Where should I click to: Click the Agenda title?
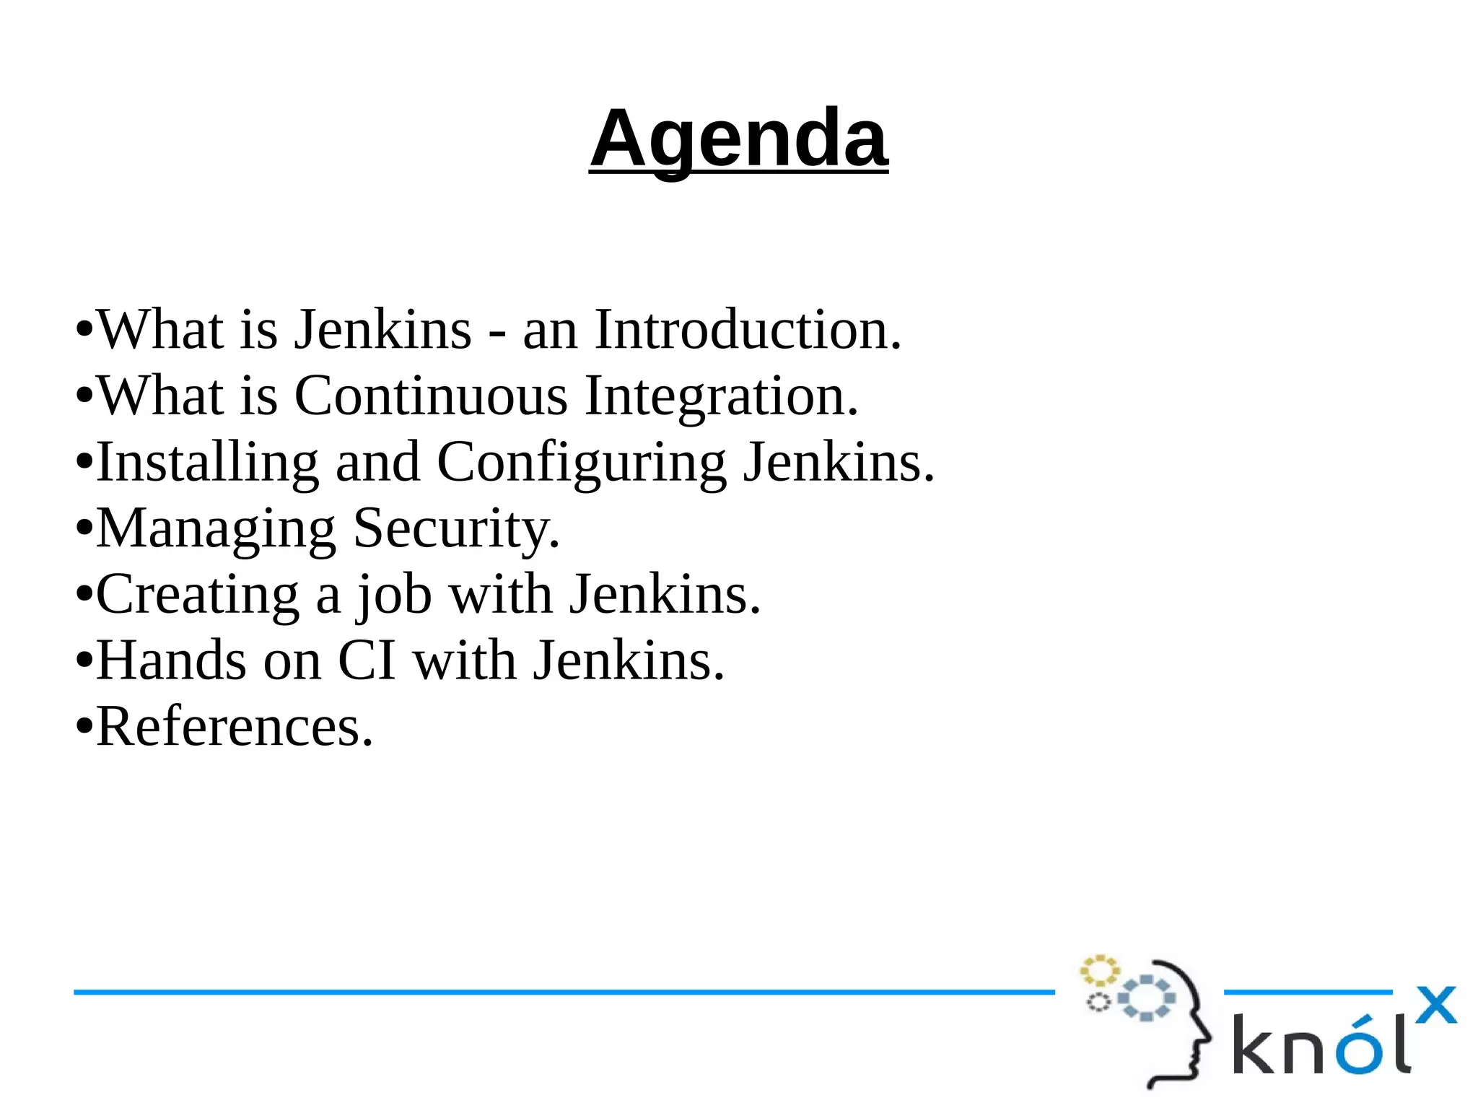click(738, 139)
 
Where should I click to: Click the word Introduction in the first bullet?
click(748, 330)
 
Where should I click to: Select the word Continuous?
click(431, 396)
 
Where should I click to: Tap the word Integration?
click(721, 396)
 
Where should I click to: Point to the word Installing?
click(207, 463)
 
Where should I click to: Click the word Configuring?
click(581, 463)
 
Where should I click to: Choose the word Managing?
click(216, 529)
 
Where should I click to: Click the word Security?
click(456, 529)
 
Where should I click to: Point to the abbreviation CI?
click(367, 661)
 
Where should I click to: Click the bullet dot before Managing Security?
click(84, 529)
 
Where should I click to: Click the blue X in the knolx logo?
click(1435, 1006)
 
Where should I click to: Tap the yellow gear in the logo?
click(1099, 971)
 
